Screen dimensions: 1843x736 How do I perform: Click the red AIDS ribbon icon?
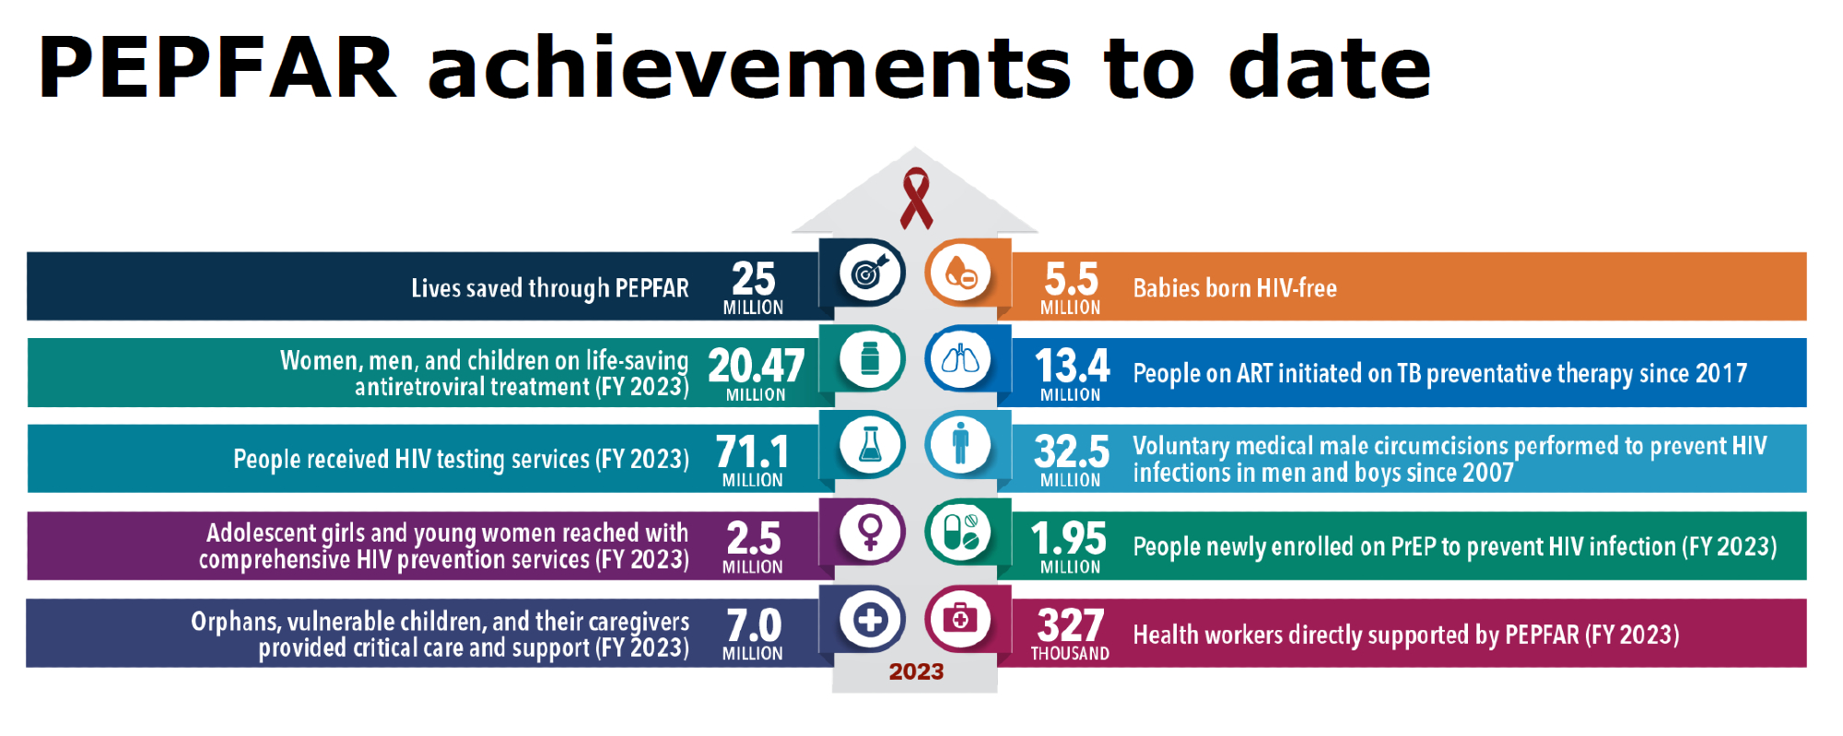916,198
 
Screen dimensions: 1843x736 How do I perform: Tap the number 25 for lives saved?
753,278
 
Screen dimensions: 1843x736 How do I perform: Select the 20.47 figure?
756,366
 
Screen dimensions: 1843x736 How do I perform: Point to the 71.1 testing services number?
752,452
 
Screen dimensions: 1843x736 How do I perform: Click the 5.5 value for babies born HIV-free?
1071,278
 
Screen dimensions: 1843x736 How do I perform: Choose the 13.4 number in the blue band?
1072,366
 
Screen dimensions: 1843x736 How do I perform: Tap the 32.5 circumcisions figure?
1072,452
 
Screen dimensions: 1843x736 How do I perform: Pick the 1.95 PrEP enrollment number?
1069,539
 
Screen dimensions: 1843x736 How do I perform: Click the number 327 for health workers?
1070,625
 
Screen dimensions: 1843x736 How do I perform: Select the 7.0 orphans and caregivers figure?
753,625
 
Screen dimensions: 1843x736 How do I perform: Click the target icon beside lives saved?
870,273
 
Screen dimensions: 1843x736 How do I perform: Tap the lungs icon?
960,359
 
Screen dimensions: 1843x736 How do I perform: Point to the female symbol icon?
870,532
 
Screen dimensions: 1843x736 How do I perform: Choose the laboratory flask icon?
870,446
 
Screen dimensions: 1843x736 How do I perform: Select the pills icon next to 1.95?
960,532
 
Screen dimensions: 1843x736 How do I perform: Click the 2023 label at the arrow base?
916,672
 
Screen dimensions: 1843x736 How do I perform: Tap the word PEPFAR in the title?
217,68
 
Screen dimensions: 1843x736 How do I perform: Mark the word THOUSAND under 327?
1070,654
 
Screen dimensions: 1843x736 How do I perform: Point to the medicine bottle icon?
870,359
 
